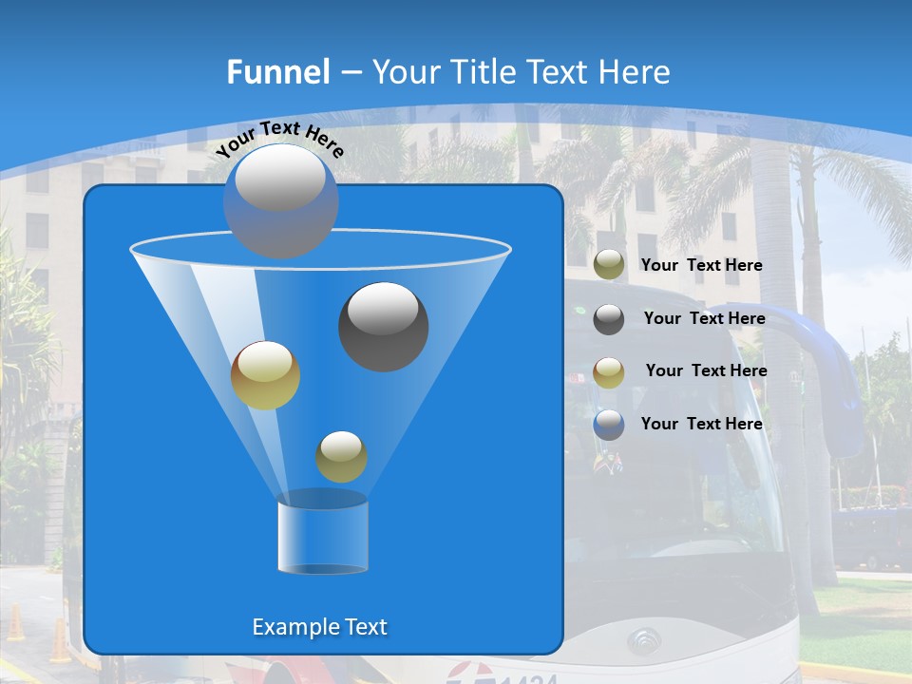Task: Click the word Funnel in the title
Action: (277, 72)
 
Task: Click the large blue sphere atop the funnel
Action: (280, 200)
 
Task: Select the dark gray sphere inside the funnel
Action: (383, 326)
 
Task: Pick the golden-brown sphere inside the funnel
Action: (265, 374)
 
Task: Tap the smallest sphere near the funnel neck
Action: (341, 456)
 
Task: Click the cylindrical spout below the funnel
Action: (323, 534)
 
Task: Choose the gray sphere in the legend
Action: (609, 319)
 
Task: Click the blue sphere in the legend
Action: (609, 425)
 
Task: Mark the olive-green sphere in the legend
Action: (609, 265)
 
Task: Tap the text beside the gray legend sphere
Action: (704, 318)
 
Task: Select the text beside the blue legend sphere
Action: (701, 424)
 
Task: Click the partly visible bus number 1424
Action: (527, 676)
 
